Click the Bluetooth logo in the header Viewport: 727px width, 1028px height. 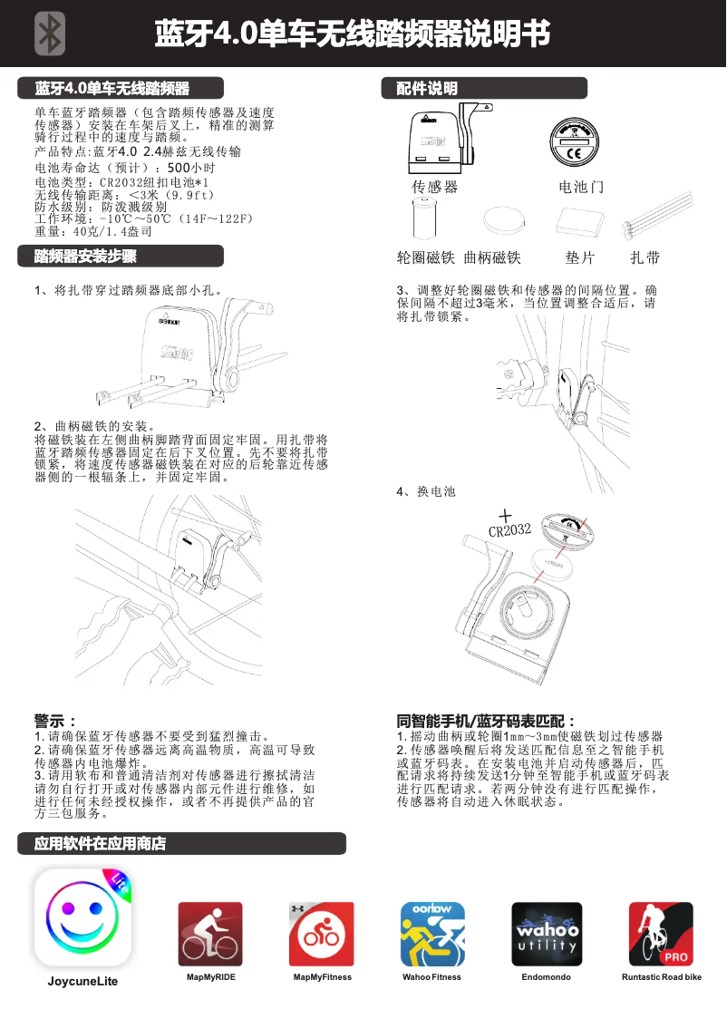click(x=51, y=34)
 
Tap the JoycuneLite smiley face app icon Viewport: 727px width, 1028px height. click(x=82, y=917)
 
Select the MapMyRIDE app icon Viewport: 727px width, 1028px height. click(x=210, y=934)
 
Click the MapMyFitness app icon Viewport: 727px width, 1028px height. click(x=322, y=934)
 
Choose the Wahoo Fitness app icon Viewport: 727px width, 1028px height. click(x=432, y=934)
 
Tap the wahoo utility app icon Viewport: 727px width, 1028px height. click(x=547, y=934)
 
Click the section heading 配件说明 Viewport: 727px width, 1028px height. click(x=427, y=88)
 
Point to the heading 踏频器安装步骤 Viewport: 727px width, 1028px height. click(x=85, y=256)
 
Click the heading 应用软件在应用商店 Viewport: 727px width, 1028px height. click(x=101, y=843)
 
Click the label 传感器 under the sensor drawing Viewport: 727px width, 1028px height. click(x=435, y=187)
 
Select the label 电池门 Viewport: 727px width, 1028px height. click(x=581, y=187)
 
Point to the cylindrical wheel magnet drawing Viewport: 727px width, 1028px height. click(x=425, y=219)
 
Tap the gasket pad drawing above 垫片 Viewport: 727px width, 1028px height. click(x=580, y=221)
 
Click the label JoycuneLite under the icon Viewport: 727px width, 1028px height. click(x=82, y=981)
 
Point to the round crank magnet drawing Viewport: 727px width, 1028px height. click(x=505, y=220)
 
